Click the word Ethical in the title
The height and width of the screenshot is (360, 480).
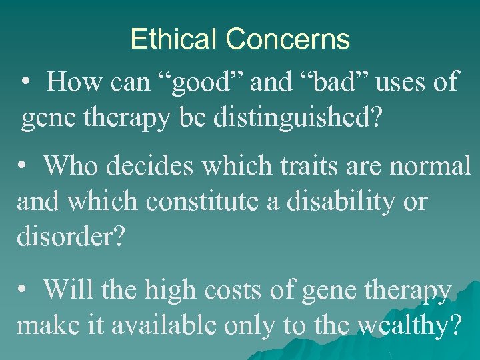tap(174, 39)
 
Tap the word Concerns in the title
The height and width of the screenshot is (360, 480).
tap(287, 39)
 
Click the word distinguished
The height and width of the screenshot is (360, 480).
tap(307, 119)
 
